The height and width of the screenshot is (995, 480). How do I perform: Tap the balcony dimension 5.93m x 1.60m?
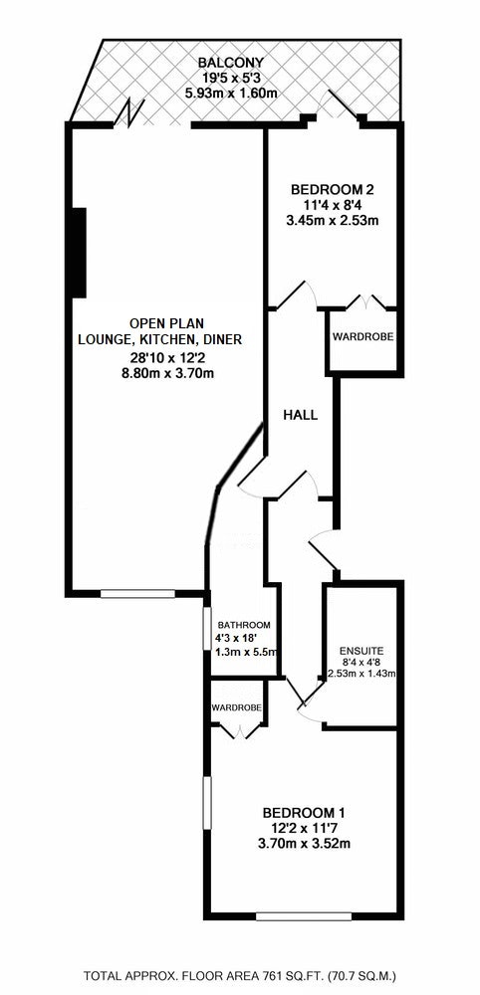[x=231, y=94]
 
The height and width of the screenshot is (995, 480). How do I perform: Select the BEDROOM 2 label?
[x=332, y=189]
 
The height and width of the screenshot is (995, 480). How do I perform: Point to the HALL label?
[x=301, y=416]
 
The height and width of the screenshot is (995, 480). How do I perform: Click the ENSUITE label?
[x=361, y=651]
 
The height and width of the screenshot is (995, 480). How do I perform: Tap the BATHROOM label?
[x=244, y=625]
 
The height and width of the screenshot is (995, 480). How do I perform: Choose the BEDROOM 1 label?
[x=304, y=812]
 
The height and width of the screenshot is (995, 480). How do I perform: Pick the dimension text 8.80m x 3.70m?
[x=167, y=373]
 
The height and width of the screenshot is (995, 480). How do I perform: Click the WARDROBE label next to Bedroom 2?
[x=362, y=336]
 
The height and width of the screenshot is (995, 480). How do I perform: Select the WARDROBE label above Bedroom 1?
[x=236, y=706]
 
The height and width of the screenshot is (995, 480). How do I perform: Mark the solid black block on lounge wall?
[x=79, y=252]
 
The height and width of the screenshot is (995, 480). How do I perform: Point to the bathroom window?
[x=207, y=628]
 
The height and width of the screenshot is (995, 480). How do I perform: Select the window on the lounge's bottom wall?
[x=137, y=594]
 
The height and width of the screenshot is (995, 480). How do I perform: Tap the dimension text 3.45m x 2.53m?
[x=333, y=221]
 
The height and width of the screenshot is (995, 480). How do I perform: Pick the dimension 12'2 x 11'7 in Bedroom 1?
[x=304, y=828]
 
